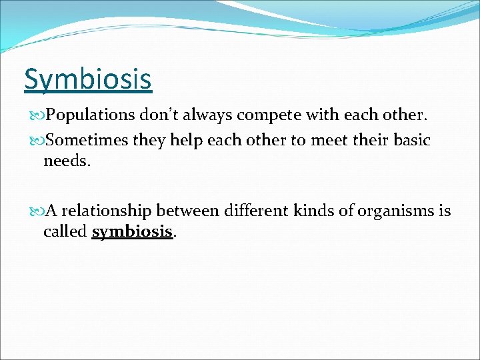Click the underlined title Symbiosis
[x=88, y=80]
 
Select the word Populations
[x=91, y=115]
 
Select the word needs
[x=65, y=160]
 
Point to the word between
[x=187, y=211]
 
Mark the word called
[x=65, y=231]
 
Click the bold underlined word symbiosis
[x=132, y=232]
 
